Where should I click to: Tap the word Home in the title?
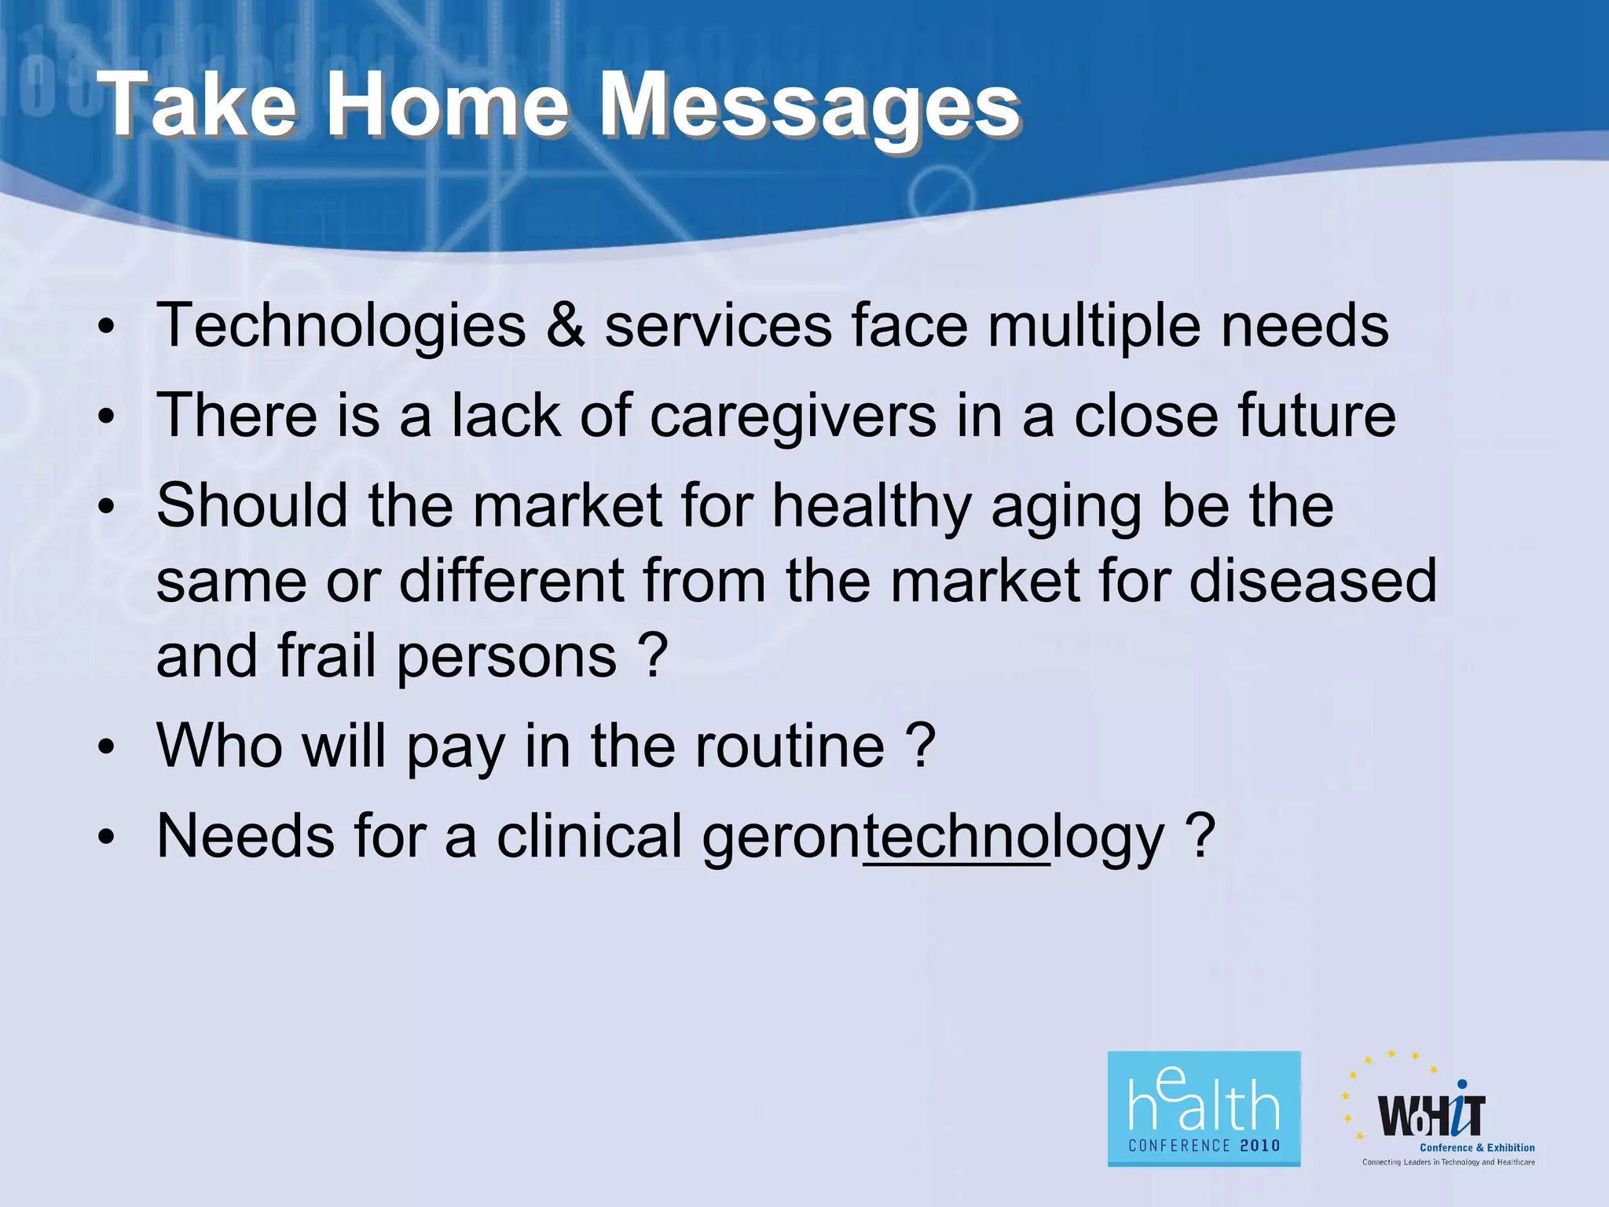tap(446, 106)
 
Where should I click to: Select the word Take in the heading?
tap(200, 106)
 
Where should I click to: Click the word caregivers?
tap(794, 416)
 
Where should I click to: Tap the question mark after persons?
tap(653, 656)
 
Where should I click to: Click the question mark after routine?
tap(920, 747)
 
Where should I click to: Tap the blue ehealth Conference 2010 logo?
tap(1204, 1108)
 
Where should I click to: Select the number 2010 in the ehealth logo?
tap(1260, 1146)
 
